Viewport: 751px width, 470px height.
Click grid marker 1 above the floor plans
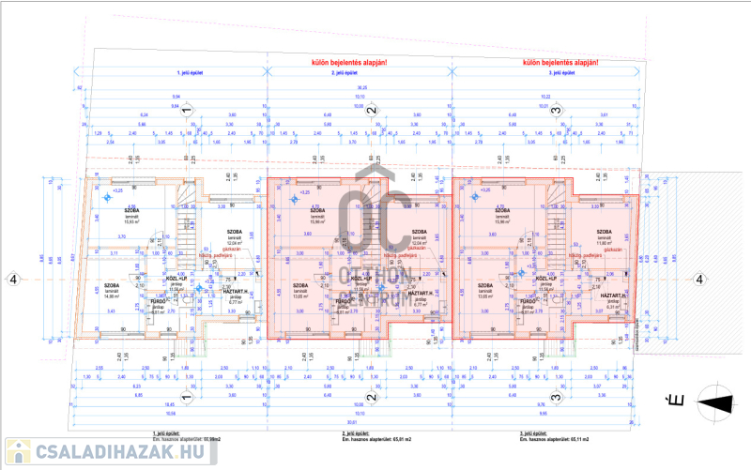pos(186,111)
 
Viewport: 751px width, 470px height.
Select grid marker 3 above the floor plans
pos(556,111)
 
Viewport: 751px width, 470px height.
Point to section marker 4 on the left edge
pos(13,279)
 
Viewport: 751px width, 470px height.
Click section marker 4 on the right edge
pos(698,279)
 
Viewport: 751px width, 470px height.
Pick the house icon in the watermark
pos(17,450)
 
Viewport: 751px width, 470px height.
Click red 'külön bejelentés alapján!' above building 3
pos(559,63)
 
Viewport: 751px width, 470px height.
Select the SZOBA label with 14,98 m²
pos(113,286)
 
